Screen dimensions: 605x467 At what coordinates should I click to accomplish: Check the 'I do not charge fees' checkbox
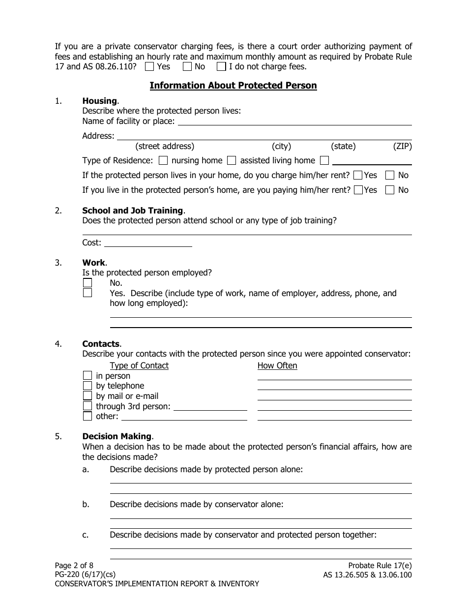(x=222, y=66)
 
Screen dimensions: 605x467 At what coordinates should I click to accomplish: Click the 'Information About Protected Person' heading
(x=233, y=86)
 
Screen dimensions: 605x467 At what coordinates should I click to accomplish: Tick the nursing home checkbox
(x=164, y=160)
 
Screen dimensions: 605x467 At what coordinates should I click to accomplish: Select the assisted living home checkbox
(x=232, y=160)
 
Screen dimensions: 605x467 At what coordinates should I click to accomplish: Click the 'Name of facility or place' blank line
(x=294, y=121)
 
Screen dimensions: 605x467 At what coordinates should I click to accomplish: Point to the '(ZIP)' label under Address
(x=402, y=146)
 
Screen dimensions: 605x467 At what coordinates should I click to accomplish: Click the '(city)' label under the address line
(x=281, y=146)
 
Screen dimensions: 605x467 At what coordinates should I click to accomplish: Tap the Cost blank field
(x=148, y=242)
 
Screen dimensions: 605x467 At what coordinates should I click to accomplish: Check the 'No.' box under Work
(x=88, y=283)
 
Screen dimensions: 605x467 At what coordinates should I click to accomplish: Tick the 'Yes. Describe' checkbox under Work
(x=88, y=293)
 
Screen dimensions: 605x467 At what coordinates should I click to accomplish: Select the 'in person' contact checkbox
(x=88, y=376)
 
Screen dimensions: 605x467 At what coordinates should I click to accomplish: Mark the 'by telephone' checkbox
(x=88, y=386)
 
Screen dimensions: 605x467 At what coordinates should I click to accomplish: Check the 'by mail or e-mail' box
(x=88, y=396)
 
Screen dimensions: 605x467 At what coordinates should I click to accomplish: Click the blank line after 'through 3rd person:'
(x=210, y=406)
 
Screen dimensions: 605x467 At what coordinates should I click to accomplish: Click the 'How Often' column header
(x=277, y=365)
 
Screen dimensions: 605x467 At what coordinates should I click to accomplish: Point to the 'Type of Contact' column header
(x=139, y=365)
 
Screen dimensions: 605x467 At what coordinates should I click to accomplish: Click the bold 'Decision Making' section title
(x=117, y=436)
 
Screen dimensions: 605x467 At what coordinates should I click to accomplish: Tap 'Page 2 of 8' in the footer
(x=73, y=566)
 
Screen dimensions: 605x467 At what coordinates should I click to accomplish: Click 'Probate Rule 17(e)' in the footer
(x=379, y=566)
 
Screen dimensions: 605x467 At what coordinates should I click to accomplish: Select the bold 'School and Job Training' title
(x=132, y=211)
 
